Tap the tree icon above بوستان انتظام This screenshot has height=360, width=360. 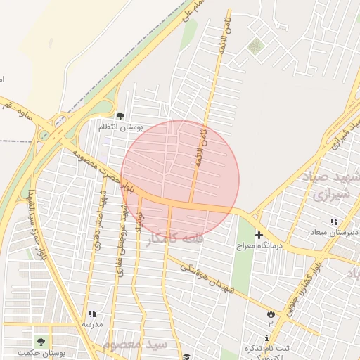click(120, 115)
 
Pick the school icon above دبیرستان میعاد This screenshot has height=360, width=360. click(333, 221)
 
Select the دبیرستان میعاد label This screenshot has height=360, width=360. click(334, 232)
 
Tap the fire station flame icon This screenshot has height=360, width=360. click(271, 312)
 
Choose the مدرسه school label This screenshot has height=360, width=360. click(92, 324)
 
